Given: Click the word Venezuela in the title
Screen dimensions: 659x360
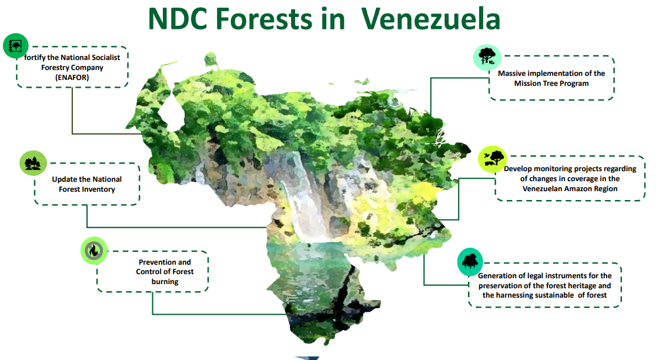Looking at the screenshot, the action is coord(431,19).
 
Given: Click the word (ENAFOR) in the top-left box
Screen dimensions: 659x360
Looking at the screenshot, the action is coord(72,78).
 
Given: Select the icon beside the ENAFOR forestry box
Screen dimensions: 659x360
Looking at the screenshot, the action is coord(15,46).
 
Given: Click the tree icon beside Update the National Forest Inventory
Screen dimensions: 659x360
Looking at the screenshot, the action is coord(33,163).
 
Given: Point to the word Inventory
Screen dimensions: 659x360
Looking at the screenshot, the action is coord(98,189).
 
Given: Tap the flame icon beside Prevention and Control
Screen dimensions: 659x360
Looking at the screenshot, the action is coord(94,251).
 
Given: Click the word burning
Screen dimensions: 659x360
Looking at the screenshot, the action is coord(165,282).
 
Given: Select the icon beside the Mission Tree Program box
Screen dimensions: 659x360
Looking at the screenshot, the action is coord(487,57).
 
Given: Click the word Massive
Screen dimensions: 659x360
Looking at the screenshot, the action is coord(511,73).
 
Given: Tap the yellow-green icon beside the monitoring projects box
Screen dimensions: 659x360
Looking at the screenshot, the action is coord(492,159).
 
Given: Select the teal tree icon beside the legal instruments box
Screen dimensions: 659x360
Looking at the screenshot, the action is coord(470,262).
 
